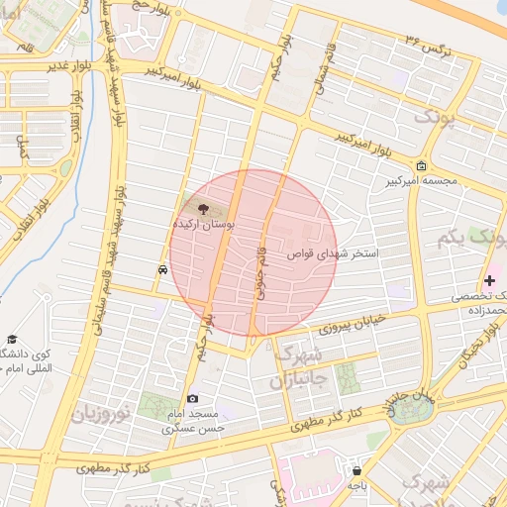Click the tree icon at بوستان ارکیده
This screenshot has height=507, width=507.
(x=203, y=209)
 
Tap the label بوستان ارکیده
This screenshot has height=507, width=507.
(x=204, y=226)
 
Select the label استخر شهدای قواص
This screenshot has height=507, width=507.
(x=334, y=254)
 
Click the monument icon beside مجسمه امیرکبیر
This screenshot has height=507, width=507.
(x=423, y=165)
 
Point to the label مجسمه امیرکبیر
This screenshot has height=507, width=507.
(x=424, y=182)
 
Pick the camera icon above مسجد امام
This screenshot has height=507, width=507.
(x=192, y=398)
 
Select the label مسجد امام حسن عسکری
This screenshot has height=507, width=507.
(x=194, y=421)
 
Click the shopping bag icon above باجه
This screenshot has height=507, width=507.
(x=356, y=470)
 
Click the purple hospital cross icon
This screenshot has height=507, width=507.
(x=489, y=281)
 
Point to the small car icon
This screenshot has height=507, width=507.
(x=161, y=268)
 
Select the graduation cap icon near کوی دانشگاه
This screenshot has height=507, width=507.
(x=12, y=340)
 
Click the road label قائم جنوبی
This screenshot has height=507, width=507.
(x=262, y=265)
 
